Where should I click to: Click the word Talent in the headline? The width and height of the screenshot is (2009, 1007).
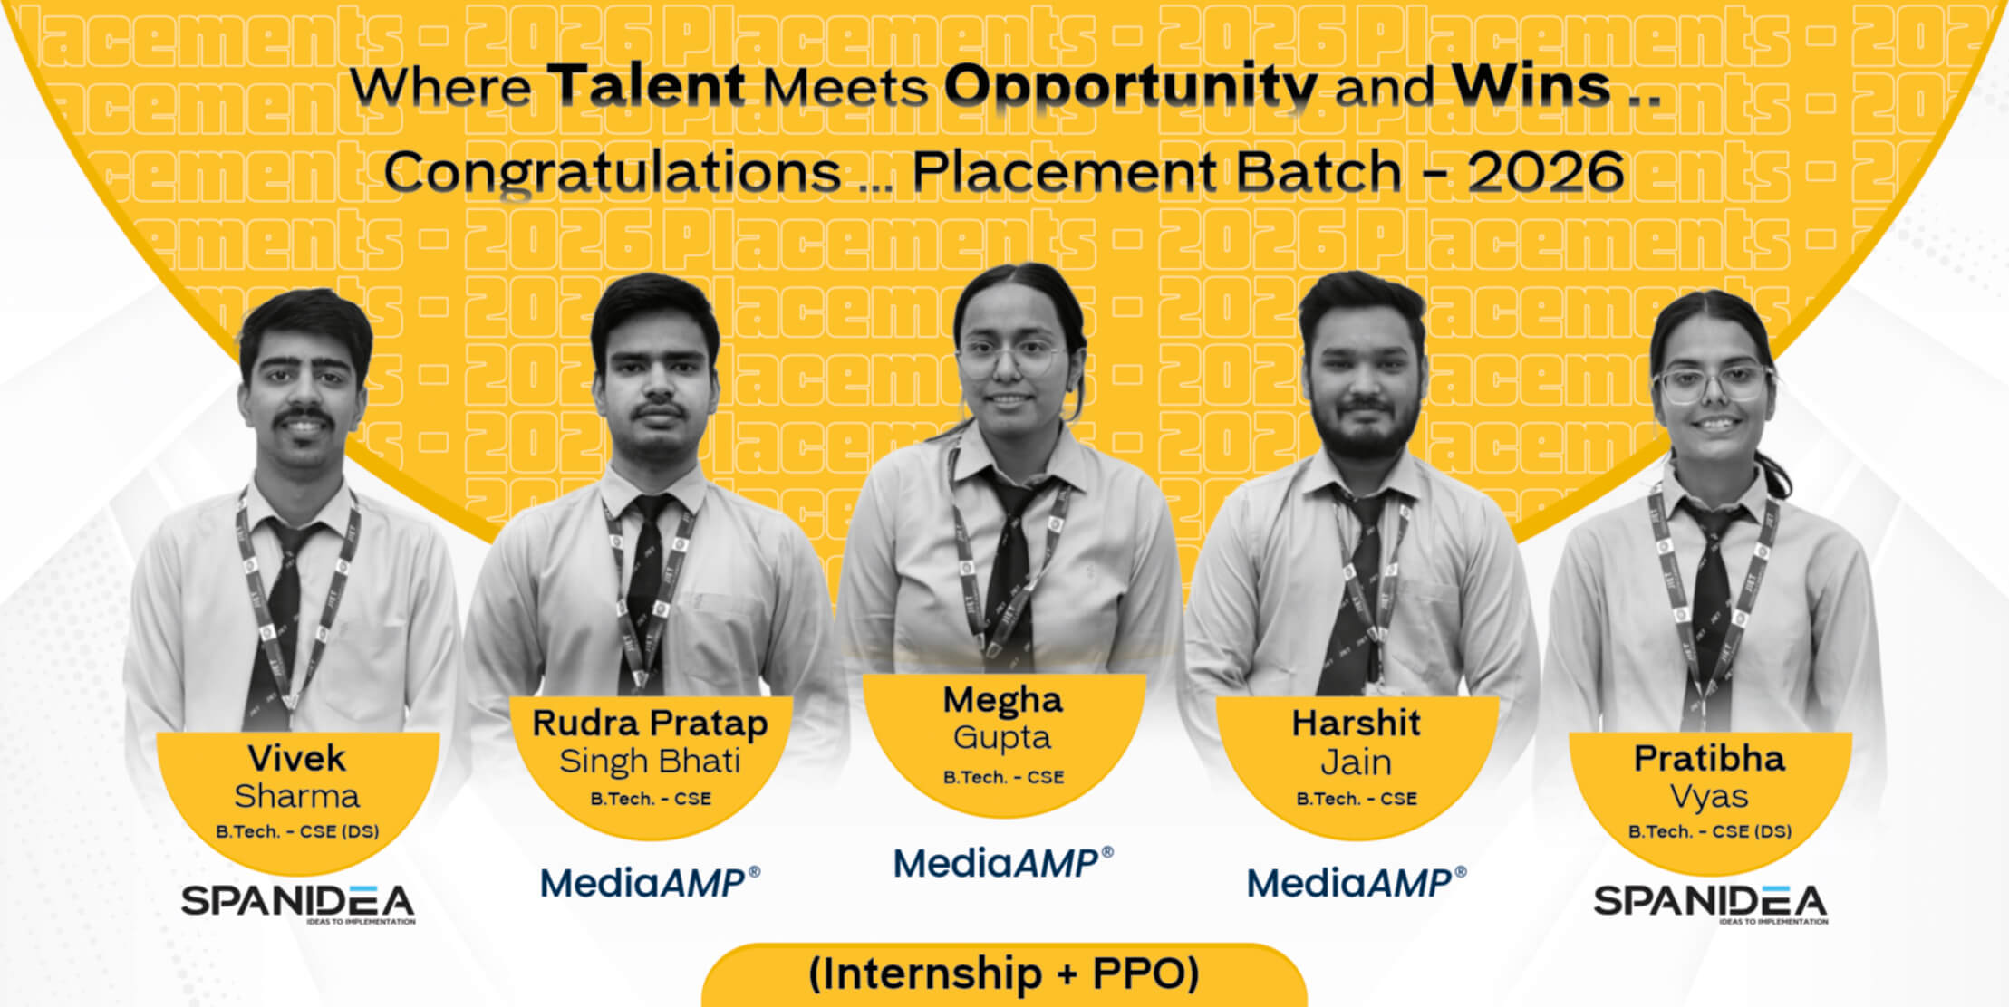tap(647, 85)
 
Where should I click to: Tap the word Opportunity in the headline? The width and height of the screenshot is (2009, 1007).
tap(1131, 89)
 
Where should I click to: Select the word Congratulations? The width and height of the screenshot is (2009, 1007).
tap(613, 173)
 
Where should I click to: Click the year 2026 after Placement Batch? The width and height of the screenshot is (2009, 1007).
tap(1546, 170)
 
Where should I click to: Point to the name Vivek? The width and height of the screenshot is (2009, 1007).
tap(297, 758)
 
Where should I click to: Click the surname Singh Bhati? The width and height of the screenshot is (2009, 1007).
tap(650, 762)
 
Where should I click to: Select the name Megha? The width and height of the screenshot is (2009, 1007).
tap(1002, 700)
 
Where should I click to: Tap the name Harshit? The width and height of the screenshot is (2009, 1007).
tap(1356, 723)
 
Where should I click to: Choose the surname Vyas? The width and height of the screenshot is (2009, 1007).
tap(1709, 797)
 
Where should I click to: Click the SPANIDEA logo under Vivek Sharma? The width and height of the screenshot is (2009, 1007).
tap(298, 903)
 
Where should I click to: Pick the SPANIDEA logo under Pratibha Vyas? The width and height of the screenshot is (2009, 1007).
tap(1711, 903)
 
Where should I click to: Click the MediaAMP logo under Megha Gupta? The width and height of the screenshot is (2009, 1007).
tap(1003, 863)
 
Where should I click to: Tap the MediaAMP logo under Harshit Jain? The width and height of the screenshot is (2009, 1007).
tap(1357, 883)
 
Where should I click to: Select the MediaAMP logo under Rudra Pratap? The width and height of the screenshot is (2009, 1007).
tap(650, 883)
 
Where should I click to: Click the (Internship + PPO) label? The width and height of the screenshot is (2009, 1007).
tap(1004, 973)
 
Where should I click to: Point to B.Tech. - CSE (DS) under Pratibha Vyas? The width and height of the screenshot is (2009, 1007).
tap(1710, 831)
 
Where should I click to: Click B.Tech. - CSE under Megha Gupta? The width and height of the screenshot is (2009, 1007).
tap(1003, 777)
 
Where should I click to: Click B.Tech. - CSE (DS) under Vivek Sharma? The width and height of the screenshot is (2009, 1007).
tap(297, 831)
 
